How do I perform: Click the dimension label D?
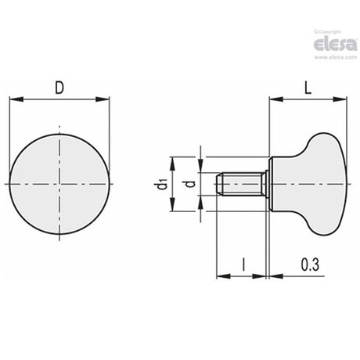(x=59, y=88)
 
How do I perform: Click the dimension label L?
(x=308, y=88)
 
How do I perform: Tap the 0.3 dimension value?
(x=310, y=265)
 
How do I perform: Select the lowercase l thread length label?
(x=243, y=265)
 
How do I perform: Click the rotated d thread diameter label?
(x=191, y=184)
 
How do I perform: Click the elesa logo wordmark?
(x=336, y=45)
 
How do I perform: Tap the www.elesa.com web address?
(x=336, y=57)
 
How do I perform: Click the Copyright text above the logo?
(x=328, y=32)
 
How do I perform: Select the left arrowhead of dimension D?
(x=16, y=99)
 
